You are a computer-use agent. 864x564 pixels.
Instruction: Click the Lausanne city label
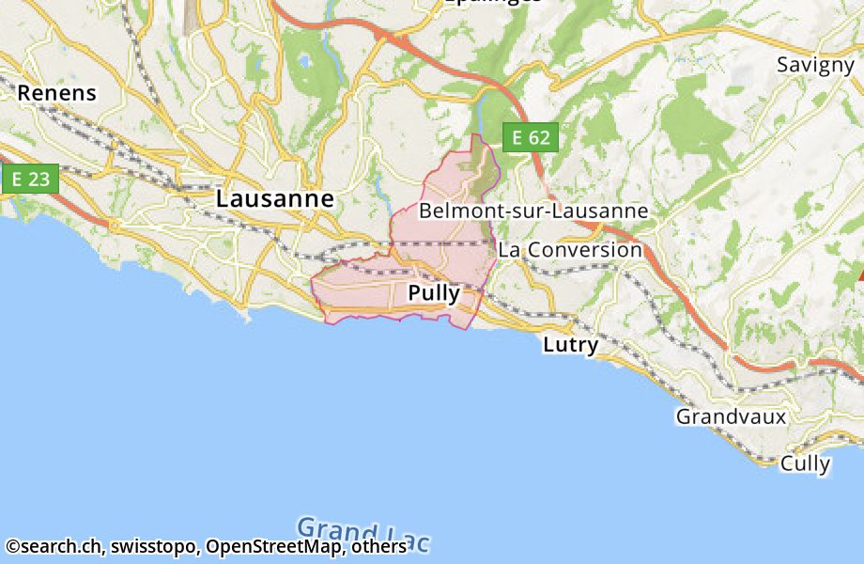point(274,199)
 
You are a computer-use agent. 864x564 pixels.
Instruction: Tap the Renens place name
point(57,93)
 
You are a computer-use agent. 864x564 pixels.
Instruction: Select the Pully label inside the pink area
point(434,293)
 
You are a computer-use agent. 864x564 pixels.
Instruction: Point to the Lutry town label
point(570,345)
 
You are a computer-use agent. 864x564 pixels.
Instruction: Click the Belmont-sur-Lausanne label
point(533,211)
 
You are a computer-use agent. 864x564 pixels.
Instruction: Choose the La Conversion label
point(570,250)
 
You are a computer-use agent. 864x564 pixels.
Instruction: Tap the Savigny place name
point(815,65)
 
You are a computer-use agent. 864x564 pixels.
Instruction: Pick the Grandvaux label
point(731,415)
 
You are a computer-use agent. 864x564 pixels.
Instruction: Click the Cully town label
point(805,463)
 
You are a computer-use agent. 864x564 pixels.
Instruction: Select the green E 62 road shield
point(531,138)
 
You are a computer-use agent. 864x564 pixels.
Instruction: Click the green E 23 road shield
point(31,180)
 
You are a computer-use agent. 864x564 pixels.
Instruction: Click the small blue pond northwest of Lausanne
point(302,64)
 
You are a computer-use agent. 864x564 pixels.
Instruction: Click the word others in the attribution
point(378,546)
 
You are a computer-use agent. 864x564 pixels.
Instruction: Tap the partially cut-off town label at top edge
point(492,3)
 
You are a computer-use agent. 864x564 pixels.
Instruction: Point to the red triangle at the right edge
point(859,274)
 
